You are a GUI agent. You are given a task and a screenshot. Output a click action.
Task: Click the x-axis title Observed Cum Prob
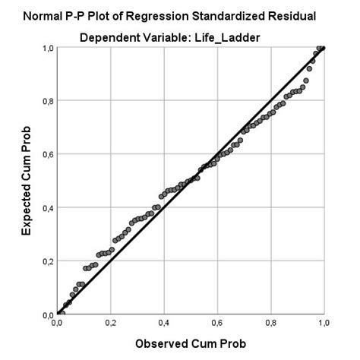[x=190, y=343]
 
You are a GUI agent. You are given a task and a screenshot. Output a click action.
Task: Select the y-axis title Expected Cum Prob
[x=26, y=181]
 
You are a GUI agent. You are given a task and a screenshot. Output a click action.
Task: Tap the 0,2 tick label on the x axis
[x=110, y=323]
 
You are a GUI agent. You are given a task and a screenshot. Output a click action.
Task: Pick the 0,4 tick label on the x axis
[x=163, y=323]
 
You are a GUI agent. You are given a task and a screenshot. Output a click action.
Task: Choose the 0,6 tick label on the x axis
[x=217, y=323]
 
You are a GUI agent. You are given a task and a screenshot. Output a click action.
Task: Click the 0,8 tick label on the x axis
[x=270, y=323]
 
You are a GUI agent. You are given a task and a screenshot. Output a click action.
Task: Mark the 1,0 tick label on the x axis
[x=324, y=323]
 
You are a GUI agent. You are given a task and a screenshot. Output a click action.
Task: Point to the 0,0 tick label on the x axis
[x=57, y=323]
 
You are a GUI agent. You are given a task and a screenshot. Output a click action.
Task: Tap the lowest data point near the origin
[x=61, y=313]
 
